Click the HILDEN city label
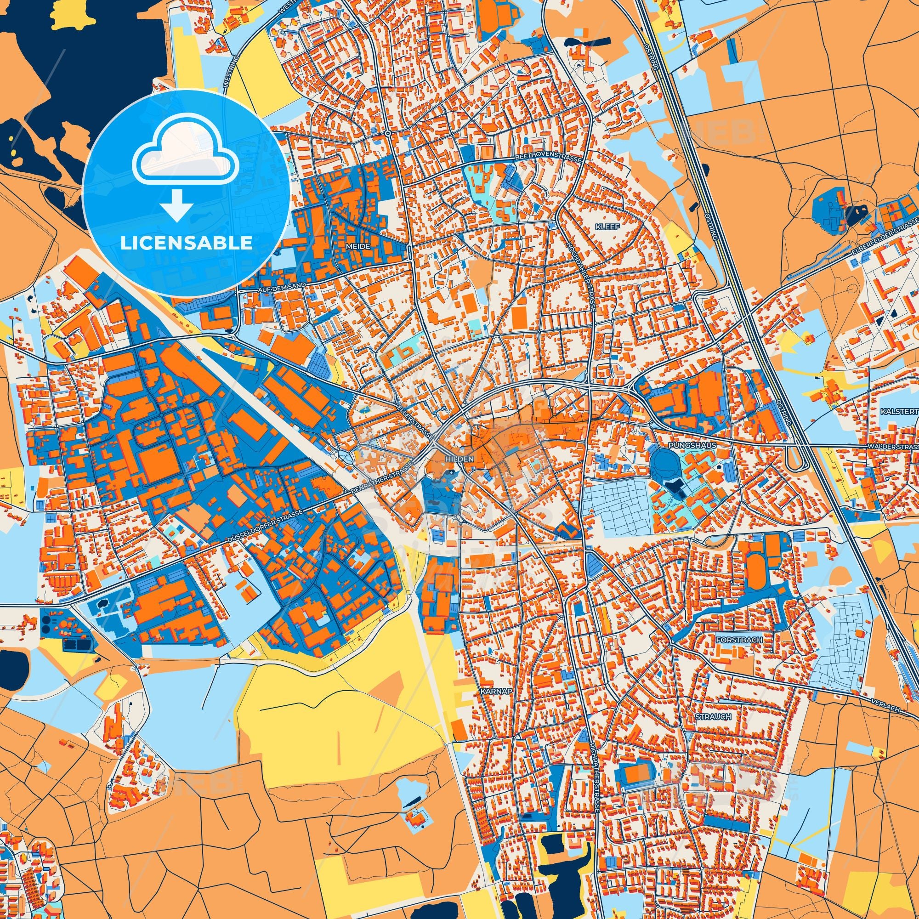pos(459,459)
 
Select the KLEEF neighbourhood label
pos(607,227)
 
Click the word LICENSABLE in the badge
pos(186,243)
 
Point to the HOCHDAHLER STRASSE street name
pos(581,276)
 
